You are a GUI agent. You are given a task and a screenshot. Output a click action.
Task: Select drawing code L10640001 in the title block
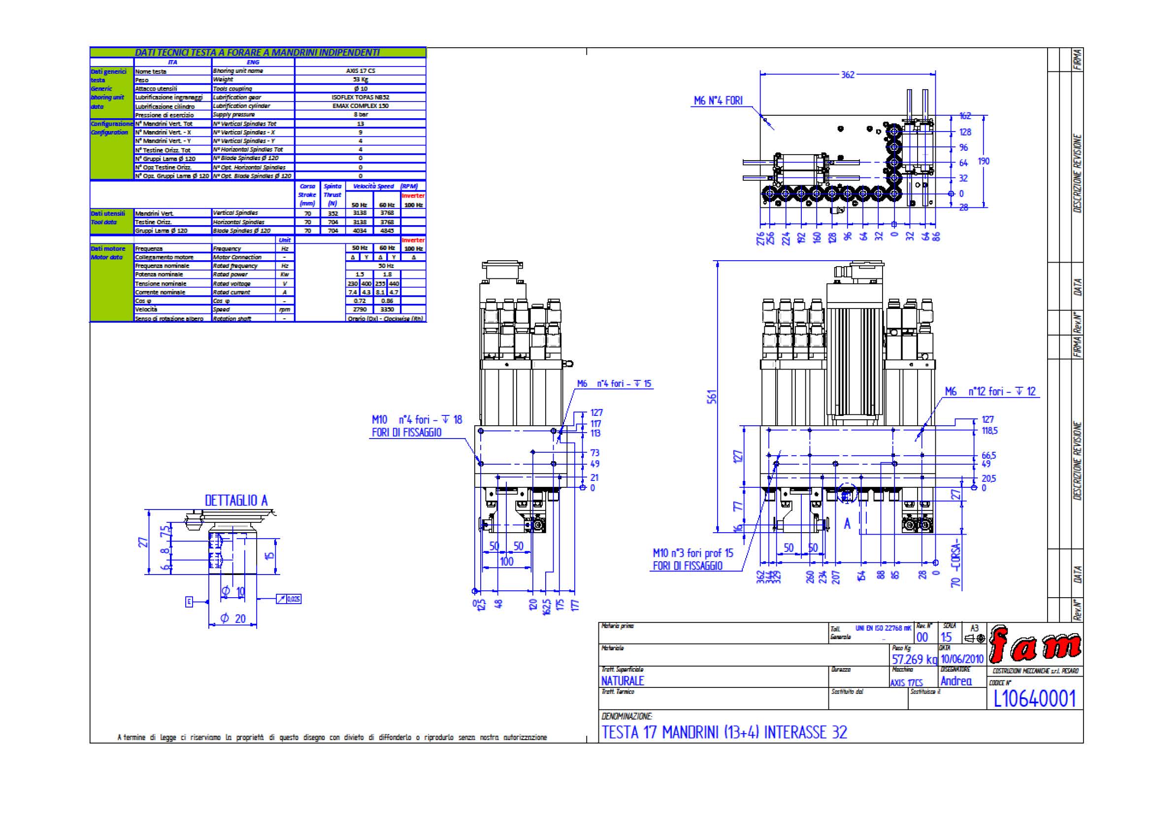point(1035,699)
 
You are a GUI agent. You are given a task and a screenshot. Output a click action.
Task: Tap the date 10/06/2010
point(962,659)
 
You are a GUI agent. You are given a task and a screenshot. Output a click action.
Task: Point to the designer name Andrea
point(956,681)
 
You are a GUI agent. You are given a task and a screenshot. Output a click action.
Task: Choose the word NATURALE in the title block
point(622,681)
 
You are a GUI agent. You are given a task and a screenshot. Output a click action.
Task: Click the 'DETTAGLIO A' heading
point(236,500)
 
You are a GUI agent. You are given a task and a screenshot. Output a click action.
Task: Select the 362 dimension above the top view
point(848,75)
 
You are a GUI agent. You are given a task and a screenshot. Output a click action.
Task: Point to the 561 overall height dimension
point(713,397)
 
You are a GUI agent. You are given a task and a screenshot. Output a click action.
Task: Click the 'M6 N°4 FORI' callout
point(718,101)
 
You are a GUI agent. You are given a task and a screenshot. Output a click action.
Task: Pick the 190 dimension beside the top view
point(984,161)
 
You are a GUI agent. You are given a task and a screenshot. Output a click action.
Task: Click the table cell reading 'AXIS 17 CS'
point(360,71)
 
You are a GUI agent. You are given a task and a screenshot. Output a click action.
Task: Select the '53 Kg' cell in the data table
point(360,79)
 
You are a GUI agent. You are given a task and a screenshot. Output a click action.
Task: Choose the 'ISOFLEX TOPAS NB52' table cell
point(360,97)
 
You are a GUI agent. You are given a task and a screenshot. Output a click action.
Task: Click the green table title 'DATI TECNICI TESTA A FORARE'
point(257,52)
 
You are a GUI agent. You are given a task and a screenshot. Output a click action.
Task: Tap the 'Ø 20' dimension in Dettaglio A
point(233,619)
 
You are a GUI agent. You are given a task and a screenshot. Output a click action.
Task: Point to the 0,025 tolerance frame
point(289,599)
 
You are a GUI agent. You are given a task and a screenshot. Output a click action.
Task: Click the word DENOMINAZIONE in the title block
point(626,716)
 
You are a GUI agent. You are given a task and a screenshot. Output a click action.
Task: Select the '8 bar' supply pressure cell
point(360,114)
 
